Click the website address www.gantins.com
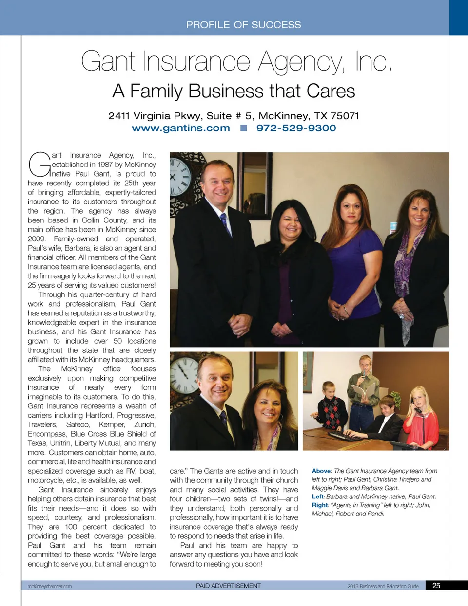point(180,128)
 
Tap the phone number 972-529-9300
point(296,128)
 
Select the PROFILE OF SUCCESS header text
point(243,25)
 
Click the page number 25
point(436,586)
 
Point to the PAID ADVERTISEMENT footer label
point(228,586)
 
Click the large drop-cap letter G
point(39,165)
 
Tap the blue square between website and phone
point(243,128)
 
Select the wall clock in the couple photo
point(183,374)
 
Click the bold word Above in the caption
point(321,471)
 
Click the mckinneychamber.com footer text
point(50,586)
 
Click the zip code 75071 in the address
point(345,116)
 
